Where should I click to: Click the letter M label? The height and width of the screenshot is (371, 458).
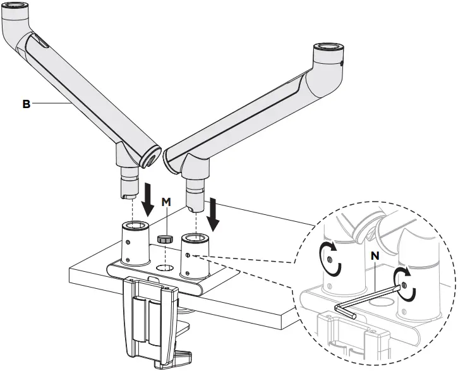(166, 202)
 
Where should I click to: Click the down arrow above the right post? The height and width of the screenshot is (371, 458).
(213, 214)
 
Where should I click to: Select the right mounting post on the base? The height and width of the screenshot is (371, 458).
(195, 256)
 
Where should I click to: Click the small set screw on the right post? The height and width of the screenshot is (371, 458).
(189, 256)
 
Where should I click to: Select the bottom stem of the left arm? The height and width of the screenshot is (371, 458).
(129, 185)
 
